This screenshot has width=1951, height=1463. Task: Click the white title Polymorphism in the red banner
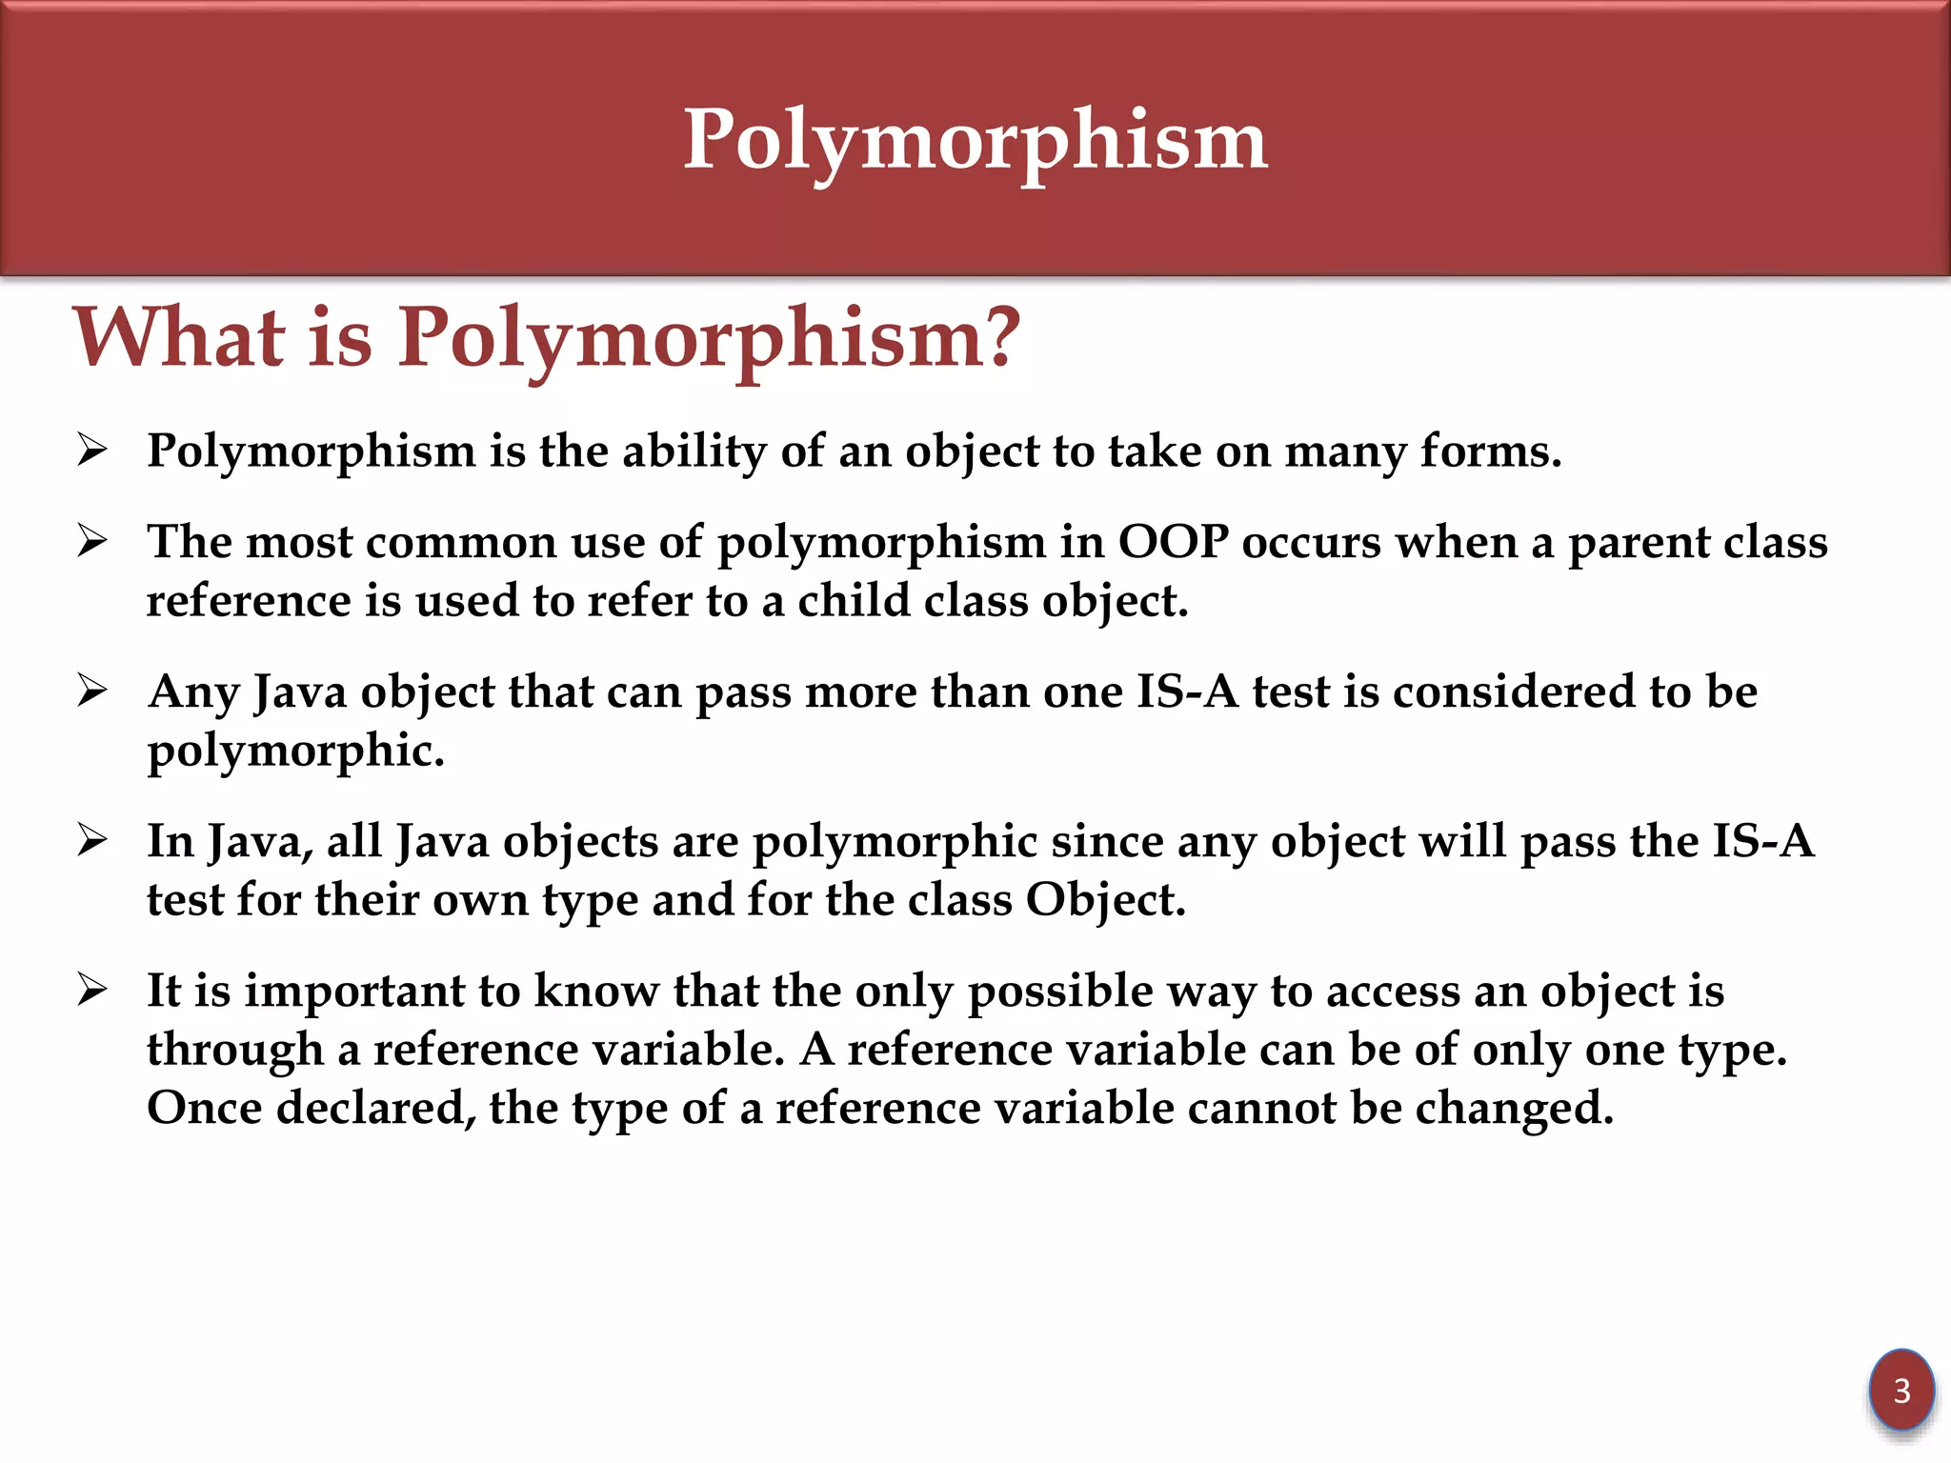[975, 140]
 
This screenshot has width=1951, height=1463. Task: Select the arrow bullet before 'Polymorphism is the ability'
[92, 450]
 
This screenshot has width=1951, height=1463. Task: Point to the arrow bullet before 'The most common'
[92, 541]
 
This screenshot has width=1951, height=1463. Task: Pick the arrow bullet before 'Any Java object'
[92, 691]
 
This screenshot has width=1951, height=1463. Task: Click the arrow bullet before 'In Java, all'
[92, 840]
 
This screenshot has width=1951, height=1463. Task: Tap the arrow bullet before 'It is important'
[92, 990]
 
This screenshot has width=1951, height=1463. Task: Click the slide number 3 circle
[1901, 1391]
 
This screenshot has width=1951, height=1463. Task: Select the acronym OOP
[1172, 542]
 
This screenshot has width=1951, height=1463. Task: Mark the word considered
[1520, 691]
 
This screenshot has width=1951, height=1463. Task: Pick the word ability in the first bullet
[694, 451]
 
